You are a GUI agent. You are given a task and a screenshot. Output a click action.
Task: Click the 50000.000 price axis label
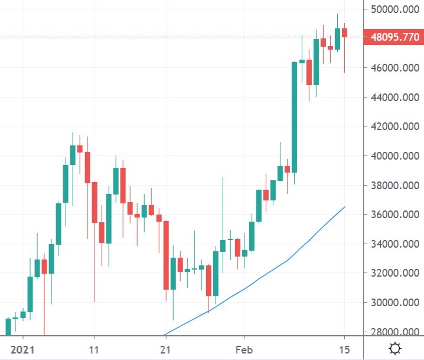(391, 9)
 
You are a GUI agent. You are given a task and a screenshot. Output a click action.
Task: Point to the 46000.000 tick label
(391, 68)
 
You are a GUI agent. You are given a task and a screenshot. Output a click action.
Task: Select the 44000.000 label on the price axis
(391, 97)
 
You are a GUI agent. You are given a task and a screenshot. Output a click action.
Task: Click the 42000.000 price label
(391, 127)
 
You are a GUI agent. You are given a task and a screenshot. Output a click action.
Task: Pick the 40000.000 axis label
(391, 156)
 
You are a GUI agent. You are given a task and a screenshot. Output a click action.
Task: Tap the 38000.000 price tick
(391, 185)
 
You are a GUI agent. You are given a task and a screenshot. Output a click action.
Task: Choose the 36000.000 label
(391, 215)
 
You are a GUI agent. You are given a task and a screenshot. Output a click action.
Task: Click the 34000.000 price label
(391, 244)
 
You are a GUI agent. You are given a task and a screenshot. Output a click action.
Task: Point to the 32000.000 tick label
(391, 273)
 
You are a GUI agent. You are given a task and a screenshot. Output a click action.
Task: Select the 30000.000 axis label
(391, 303)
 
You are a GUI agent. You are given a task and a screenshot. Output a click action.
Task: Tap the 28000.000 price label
(391, 332)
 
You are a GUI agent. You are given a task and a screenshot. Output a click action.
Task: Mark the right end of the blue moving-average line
(345, 207)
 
